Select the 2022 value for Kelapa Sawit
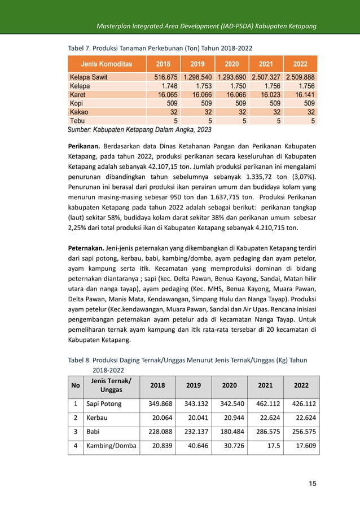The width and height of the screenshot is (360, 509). [x=300, y=77]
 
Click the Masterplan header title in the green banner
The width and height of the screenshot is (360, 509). [x=206, y=27]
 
